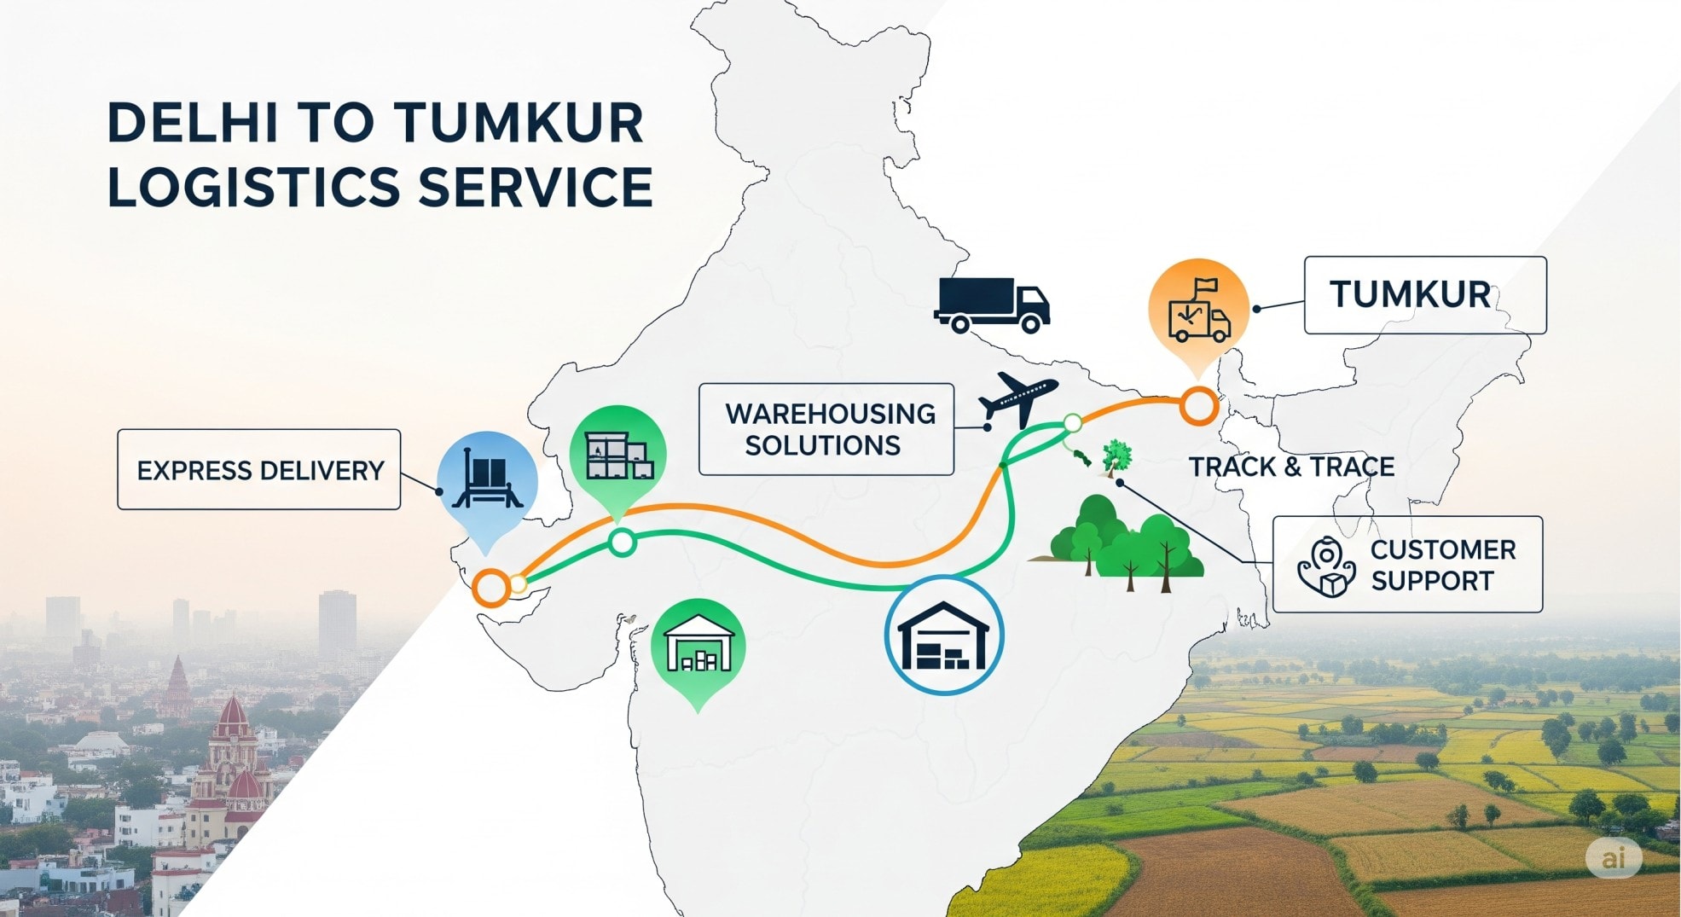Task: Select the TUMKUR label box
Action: pyautogui.click(x=1424, y=295)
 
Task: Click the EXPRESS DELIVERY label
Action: pyautogui.click(x=259, y=470)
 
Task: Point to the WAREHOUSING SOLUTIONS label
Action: pyautogui.click(x=826, y=429)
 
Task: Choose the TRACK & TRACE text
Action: pyautogui.click(x=1291, y=467)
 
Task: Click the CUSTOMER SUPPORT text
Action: pyautogui.click(x=1442, y=565)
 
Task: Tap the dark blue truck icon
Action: pyautogui.click(x=992, y=305)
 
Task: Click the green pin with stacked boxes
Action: pyautogui.click(x=617, y=456)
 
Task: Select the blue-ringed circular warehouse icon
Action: pyautogui.click(x=944, y=636)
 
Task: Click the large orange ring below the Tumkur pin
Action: pyautogui.click(x=1198, y=406)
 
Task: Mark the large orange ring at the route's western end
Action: pyautogui.click(x=491, y=588)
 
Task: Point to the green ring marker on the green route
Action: pyautogui.click(x=623, y=542)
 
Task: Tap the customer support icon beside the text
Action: pyautogui.click(x=1326, y=566)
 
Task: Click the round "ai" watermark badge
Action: pyautogui.click(x=1613, y=857)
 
